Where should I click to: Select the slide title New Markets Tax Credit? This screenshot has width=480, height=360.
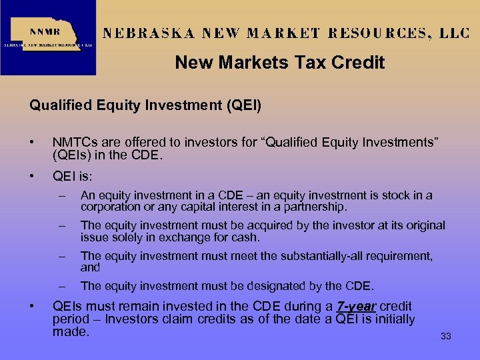(x=279, y=63)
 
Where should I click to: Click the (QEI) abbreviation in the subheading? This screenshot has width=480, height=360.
(x=244, y=105)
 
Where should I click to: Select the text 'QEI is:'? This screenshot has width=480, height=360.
(x=72, y=177)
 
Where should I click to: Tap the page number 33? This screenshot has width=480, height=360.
(x=446, y=337)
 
